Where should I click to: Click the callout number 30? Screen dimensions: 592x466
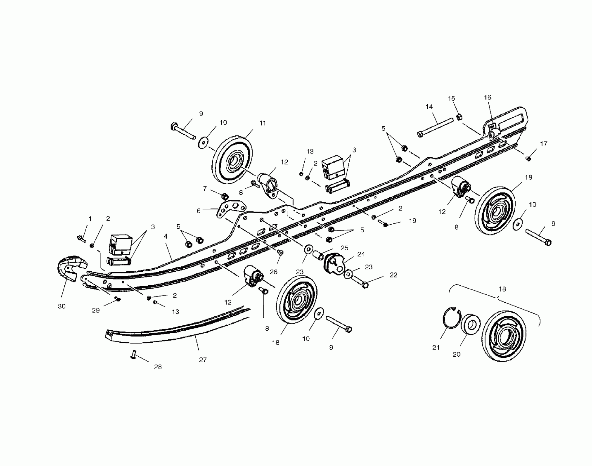[x=62, y=306]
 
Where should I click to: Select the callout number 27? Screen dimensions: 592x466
[x=203, y=360]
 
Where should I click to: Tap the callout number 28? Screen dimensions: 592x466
[x=158, y=367]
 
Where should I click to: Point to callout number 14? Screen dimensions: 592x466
[x=429, y=107]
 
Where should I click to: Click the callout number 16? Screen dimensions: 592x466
[x=488, y=97]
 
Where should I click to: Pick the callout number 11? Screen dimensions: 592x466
[x=263, y=123]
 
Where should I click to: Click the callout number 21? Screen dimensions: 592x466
[x=436, y=348]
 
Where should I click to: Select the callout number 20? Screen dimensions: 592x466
[x=457, y=354]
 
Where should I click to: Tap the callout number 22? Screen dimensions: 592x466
[x=394, y=275]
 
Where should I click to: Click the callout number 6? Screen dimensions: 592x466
[x=199, y=211]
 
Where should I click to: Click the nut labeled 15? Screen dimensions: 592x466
[x=459, y=117]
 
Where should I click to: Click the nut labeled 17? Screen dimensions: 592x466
[x=528, y=158]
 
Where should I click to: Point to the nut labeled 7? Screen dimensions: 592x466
[x=225, y=196]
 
